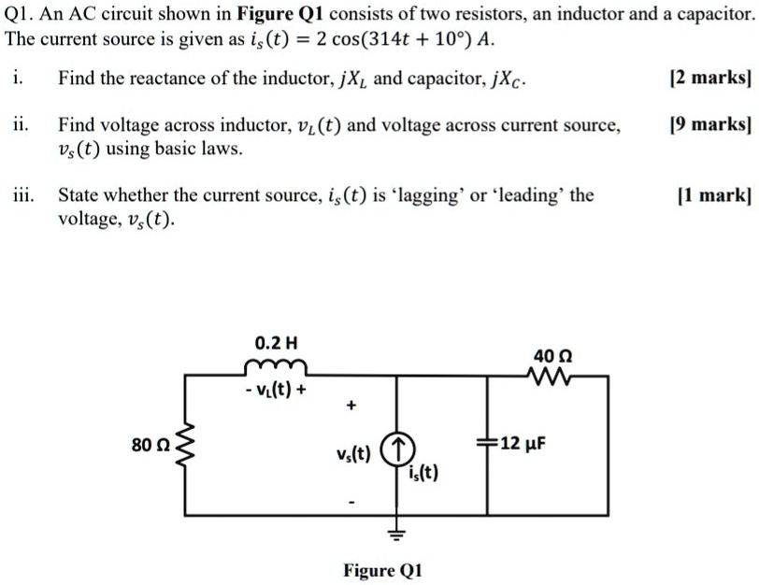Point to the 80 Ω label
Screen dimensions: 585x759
pos(150,446)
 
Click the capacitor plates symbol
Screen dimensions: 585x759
pos(485,443)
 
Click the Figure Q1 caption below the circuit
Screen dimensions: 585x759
pos(383,569)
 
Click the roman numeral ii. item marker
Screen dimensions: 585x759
pos(21,124)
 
